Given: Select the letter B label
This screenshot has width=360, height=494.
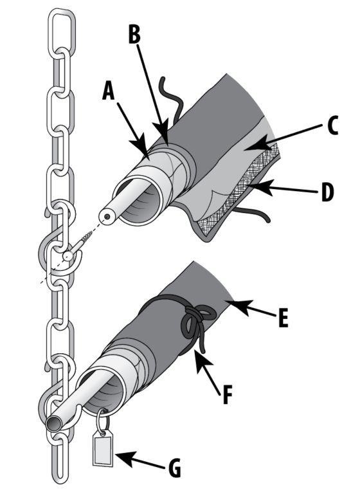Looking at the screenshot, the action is tap(134, 34).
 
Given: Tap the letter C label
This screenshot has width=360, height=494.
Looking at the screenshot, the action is tap(332, 125).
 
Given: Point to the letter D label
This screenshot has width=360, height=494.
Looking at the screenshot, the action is tap(328, 192).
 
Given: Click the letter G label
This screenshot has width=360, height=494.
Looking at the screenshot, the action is tap(174, 468).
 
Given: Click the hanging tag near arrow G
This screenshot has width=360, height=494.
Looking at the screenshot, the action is tap(103, 448).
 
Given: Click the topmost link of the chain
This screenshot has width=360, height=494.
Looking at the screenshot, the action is tap(62, 32).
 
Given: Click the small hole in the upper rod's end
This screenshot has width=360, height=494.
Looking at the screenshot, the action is tap(108, 217).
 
